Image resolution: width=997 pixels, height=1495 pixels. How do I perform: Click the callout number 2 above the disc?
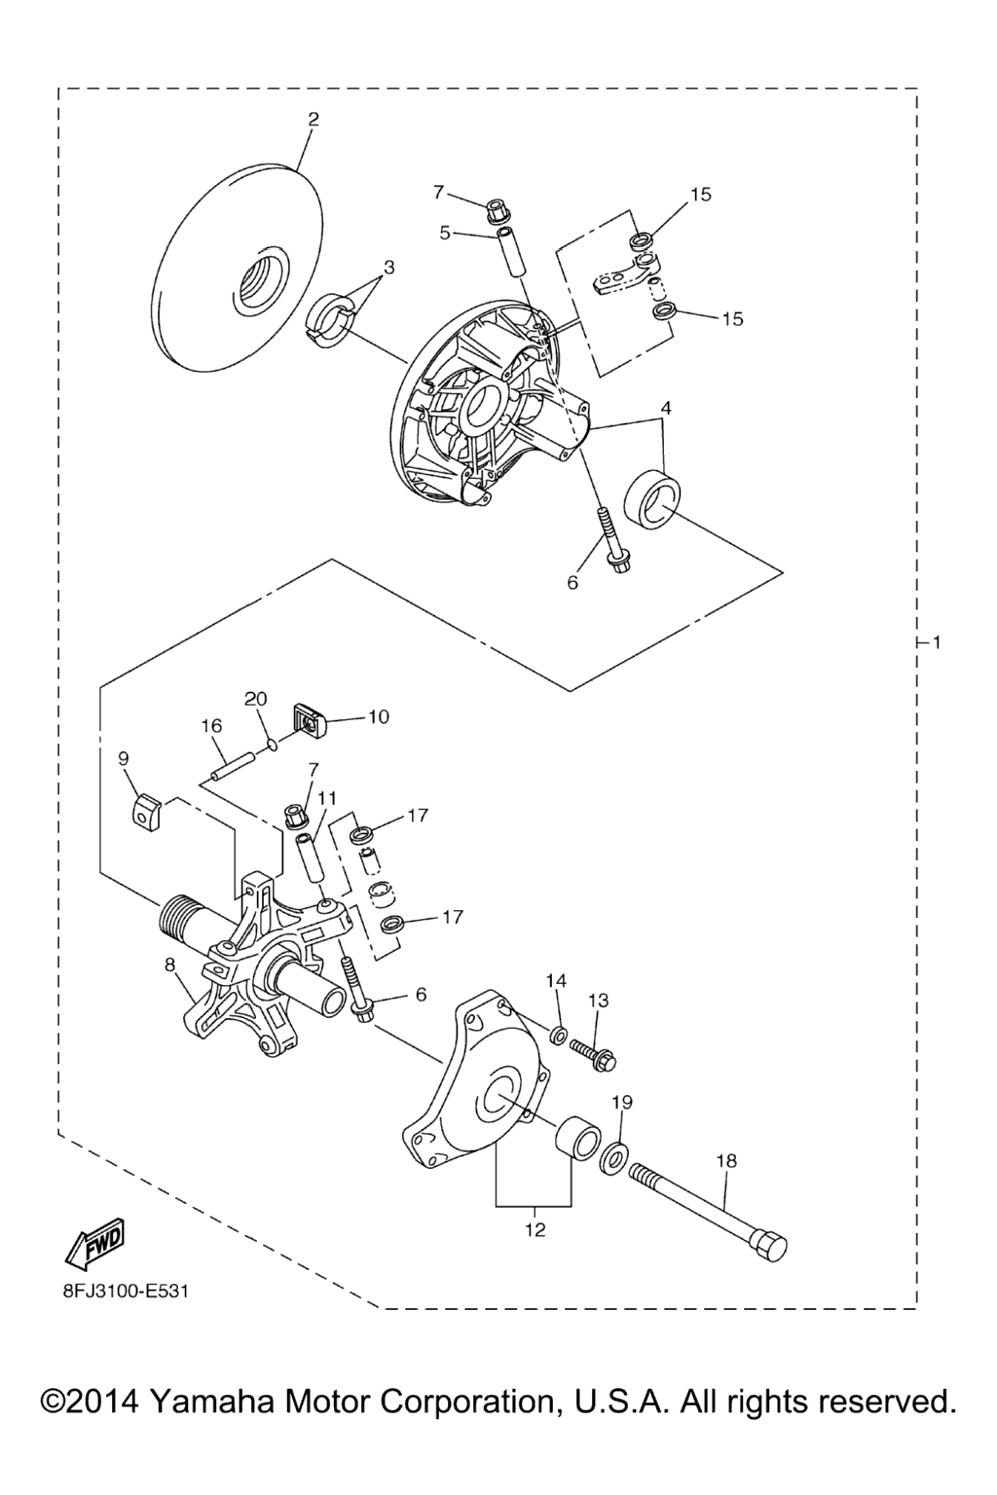[x=314, y=120]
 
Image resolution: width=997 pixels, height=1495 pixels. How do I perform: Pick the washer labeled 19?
[x=613, y=1160]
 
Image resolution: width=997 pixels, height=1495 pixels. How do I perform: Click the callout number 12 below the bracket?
[x=535, y=1229]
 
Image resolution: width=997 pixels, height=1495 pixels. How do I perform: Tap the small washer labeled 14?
[x=558, y=1036]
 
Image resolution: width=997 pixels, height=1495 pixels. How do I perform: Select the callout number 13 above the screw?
[x=599, y=1001]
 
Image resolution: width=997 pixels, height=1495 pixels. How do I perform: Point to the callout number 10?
[x=378, y=716]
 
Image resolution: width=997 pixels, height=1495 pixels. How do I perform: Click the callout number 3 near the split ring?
[x=388, y=268]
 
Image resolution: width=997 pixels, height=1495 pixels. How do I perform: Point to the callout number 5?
[x=445, y=233]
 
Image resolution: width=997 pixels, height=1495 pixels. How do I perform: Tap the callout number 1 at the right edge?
[x=937, y=642]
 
